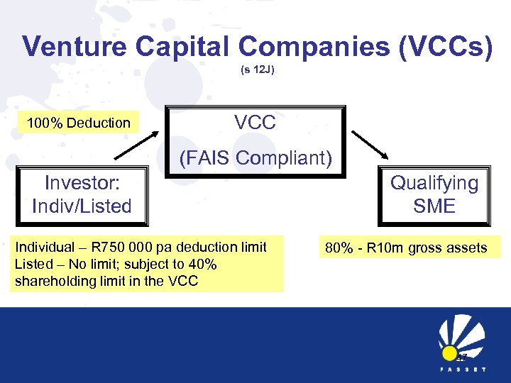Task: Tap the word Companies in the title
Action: [x=312, y=47]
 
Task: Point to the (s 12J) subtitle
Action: [x=255, y=71]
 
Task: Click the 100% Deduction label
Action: [x=79, y=123]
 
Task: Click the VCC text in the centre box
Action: [x=255, y=123]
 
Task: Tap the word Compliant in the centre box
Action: [x=286, y=157]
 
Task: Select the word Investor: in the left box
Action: [x=82, y=183]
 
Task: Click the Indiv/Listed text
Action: [x=82, y=206]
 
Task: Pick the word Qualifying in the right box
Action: [x=434, y=183]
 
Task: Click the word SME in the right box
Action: [x=434, y=206]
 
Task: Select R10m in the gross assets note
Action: [x=387, y=248]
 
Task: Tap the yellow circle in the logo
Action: [x=449, y=353]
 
